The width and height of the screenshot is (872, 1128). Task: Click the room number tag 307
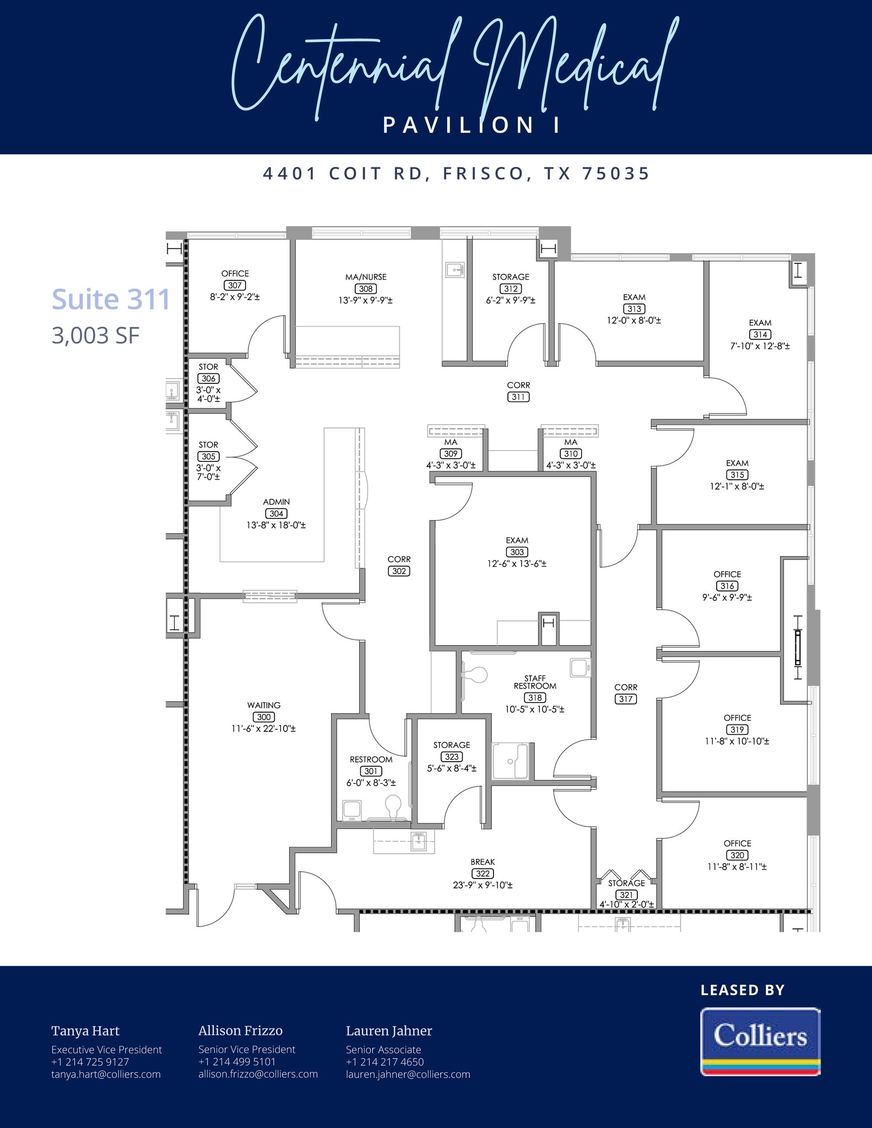pos(235,285)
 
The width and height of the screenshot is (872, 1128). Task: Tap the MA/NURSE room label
pos(366,277)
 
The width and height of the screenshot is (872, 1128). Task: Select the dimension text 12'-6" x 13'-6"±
pos(517,564)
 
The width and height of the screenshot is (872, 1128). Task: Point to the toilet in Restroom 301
pos(393,805)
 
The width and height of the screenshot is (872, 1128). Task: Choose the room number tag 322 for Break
pos(483,874)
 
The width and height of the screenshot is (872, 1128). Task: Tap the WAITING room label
pos(264,705)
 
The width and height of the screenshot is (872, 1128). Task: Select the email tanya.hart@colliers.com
pos(106,1074)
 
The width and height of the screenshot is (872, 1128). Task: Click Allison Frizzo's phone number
pos(237,1061)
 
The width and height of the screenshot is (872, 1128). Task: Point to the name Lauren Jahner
pos(389,1031)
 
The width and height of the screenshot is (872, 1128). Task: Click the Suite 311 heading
pos(111,300)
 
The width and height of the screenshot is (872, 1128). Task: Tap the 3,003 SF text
pos(96,335)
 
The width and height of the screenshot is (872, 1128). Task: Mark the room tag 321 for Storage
pos(626,895)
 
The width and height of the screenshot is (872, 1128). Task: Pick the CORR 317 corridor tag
pos(626,699)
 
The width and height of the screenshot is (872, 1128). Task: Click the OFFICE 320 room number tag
pos(737,855)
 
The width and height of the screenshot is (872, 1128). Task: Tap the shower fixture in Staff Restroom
pos(510,762)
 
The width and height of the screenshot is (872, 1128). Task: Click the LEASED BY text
pos(743,990)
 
